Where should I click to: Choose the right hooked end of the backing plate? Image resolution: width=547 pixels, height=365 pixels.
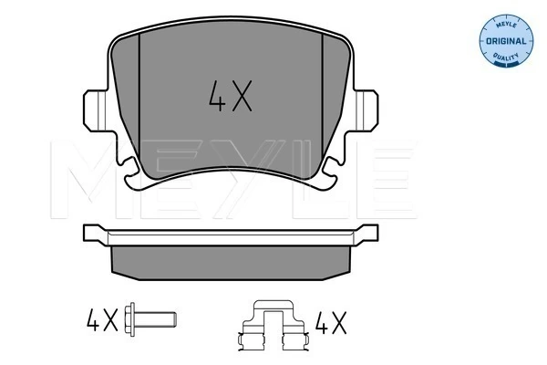tap(368, 234)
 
